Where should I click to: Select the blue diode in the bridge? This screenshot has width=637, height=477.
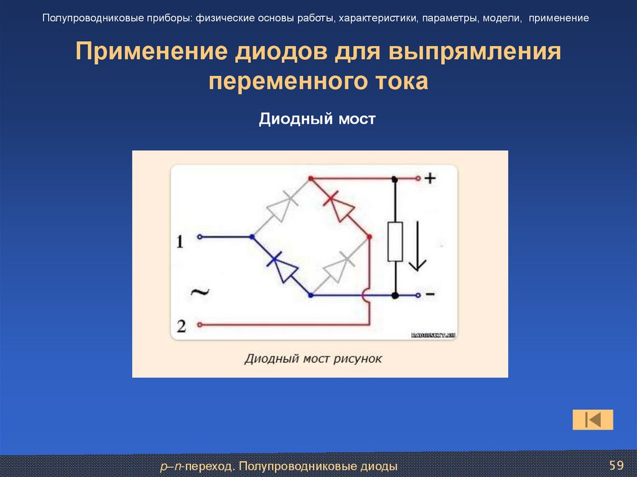(282, 266)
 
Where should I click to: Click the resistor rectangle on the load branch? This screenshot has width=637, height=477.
(395, 241)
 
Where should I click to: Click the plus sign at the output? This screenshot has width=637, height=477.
(430, 178)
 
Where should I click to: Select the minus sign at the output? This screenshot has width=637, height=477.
(430, 295)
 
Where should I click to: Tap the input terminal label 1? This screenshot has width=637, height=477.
(180, 241)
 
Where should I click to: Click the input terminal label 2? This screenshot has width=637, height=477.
(180, 325)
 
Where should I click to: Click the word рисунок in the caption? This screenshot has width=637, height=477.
(358, 359)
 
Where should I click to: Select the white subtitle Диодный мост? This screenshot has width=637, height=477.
(317, 118)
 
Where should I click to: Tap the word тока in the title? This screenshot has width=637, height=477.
(401, 82)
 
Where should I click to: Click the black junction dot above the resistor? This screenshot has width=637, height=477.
(395, 179)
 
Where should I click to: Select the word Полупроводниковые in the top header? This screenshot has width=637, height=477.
(82, 18)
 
